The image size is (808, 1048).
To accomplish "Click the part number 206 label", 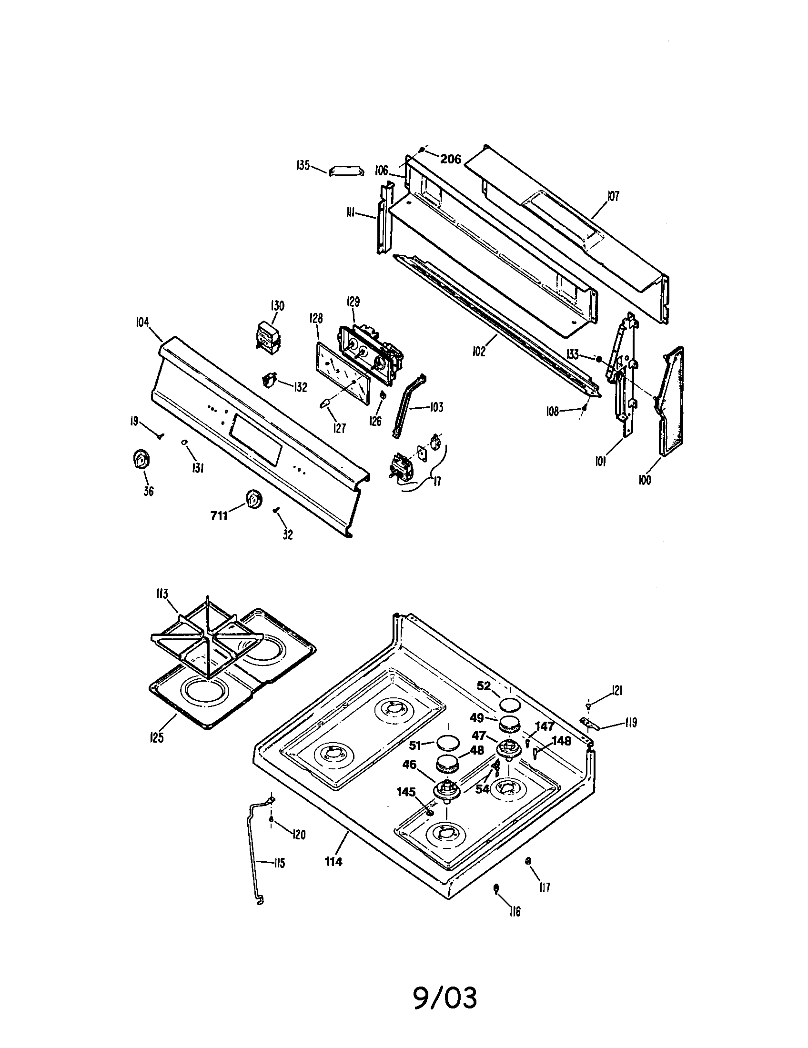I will click(x=450, y=159).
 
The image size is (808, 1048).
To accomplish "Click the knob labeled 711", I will click(x=252, y=499).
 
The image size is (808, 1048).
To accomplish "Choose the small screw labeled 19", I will click(x=159, y=436).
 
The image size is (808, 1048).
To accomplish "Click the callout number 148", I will click(x=561, y=741).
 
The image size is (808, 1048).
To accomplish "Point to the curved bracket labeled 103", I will click(x=407, y=405).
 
